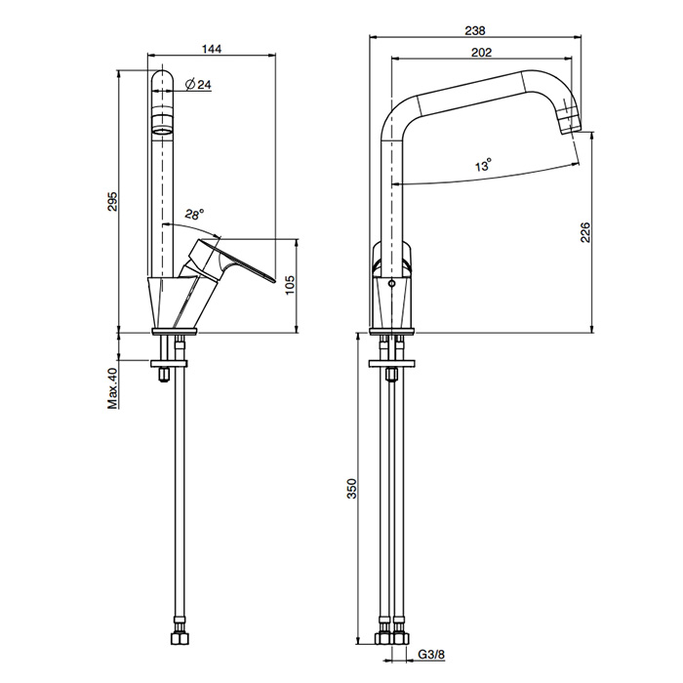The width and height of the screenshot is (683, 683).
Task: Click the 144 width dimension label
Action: tap(212, 49)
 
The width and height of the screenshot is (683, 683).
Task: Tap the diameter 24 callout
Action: tap(198, 84)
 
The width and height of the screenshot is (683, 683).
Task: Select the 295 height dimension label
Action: tap(112, 201)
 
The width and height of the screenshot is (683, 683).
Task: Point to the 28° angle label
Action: tap(194, 215)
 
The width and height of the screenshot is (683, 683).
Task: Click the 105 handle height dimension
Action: tap(290, 285)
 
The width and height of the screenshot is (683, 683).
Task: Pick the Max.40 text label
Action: tap(113, 388)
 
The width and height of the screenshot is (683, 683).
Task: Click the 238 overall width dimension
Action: tap(475, 31)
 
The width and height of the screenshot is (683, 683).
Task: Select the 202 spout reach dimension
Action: tap(481, 53)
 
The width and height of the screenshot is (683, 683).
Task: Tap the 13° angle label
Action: tap(484, 166)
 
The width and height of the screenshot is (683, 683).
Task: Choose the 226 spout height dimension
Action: tap(585, 232)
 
